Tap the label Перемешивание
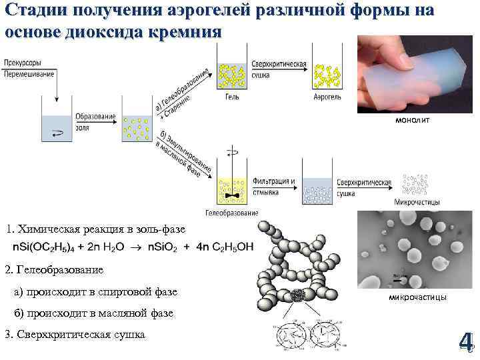(x=29, y=73)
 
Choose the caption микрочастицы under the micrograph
(x=417, y=297)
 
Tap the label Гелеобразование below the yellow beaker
(x=231, y=213)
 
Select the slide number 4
(x=465, y=341)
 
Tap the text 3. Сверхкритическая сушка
(x=75, y=334)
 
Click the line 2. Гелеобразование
(x=54, y=270)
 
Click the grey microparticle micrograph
(x=416, y=251)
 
